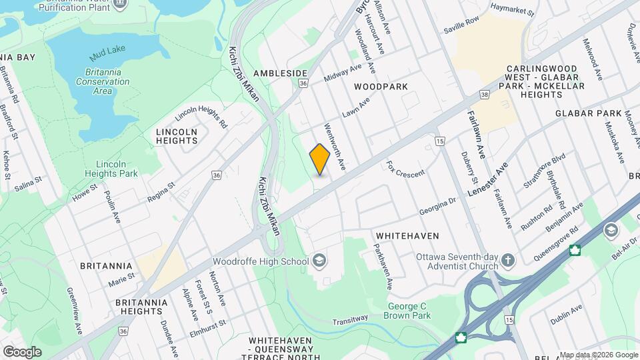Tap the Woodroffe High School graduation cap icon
coord(319,261)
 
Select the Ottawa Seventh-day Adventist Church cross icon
coord(508,260)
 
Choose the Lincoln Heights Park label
coord(117,169)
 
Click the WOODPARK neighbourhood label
coord(381,87)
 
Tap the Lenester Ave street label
coord(488,179)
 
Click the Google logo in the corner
coord(22,351)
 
